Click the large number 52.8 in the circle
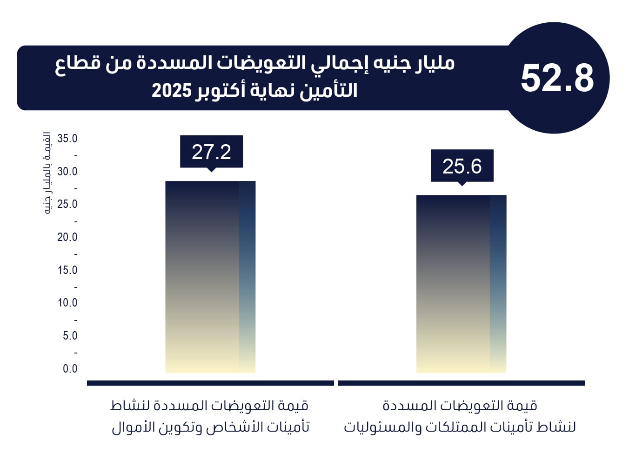[x=557, y=78]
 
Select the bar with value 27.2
[x=210, y=277]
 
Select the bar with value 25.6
[x=461, y=284]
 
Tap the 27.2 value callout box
[x=211, y=152]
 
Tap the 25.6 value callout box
[x=462, y=166]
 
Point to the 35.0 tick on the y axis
[x=67, y=139]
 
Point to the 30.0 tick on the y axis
[x=67, y=172]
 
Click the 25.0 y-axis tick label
[x=67, y=204]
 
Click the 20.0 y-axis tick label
[x=67, y=237]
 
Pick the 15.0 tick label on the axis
[x=67, y=270]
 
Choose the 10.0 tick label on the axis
[x=67, y=303]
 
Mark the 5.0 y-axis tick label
[x=70, y=336]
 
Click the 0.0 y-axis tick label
[x=70, y=369]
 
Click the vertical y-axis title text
[x=47, y=173]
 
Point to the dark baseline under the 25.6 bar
[x=461, y=383]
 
